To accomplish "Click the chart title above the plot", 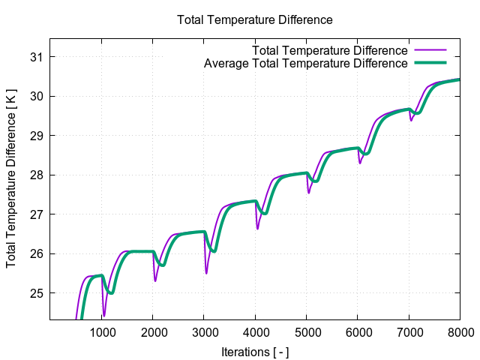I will [254, 19].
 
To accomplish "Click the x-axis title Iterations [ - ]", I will [255, 351].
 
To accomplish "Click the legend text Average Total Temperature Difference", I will [305, 64].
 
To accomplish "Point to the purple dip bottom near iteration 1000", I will [104, 316].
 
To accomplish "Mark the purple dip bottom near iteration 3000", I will [206, 273].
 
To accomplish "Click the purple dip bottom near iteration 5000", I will [308, 193].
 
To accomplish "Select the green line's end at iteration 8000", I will [459, 79].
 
